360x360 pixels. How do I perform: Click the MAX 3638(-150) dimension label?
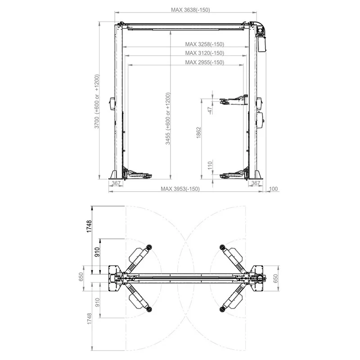pyautogui.click(x=190, y=10)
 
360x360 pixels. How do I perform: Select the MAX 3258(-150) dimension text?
pyautogui.click(x=205, y=44)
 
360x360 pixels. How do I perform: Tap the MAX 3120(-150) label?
pyautogui.click(x=205, y=53)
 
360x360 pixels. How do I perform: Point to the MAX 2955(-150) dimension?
pyautogui.click(x=205, y=62)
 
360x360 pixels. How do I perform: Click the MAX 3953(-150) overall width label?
pyautogui.click(x=180, y=189)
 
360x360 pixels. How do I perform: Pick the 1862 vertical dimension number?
pyautogui.click(x=198, y=133)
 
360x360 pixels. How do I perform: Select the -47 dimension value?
pyautogui.click(x=210, y=111)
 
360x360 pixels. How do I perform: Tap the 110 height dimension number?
pyautogui.click(x=210, y=165)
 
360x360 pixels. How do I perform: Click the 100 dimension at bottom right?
pyautogui.click(x=273, y=189)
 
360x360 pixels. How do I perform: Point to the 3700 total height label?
pyautogui.click(x=97, y=101)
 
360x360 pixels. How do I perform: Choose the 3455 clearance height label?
pyautogui.click(x=168, y=118)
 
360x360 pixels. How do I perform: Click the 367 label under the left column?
pyautogui.click(x=116, y=183)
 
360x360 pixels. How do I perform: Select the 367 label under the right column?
pyautogui.click(x=256, y=183)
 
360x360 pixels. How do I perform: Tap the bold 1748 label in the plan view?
pyautogui.click(x=89, y=226)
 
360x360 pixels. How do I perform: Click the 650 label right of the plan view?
pyautogui.click(x=275, y=279)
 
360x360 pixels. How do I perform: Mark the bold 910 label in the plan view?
pyautogui.click(x=97, y=252)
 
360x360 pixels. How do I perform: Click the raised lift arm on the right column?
pyautogui.click(x=234, y=100)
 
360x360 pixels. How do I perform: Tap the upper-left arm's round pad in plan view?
pyautogui.click(x=149, y=247)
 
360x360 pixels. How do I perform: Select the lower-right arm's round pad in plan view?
pyautogui.click(x=222, y=309)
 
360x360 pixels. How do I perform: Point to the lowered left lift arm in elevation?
pyautogui.click(x=138, y=174)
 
